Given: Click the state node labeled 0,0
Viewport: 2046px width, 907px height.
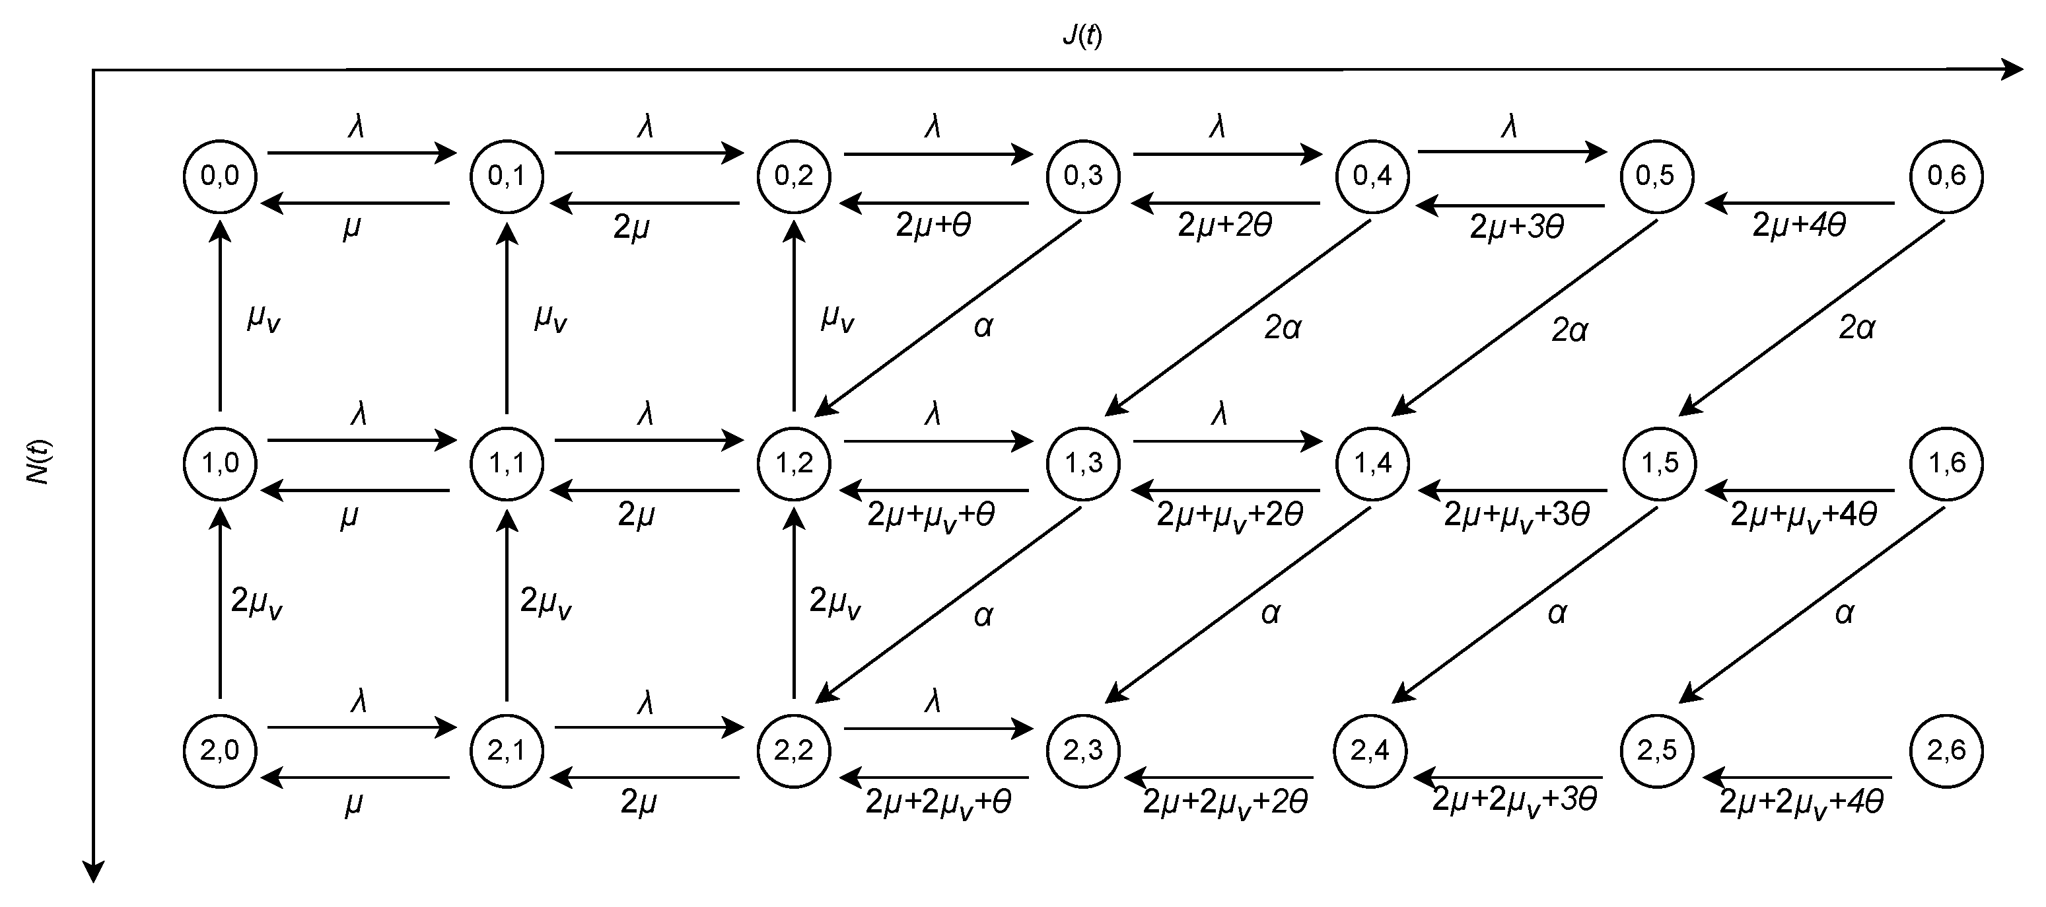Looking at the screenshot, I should tap(220, 176).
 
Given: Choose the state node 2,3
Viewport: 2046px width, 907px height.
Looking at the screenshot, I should tap(1083, 750).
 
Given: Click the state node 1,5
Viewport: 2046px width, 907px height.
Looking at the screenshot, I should tap(1659, 463).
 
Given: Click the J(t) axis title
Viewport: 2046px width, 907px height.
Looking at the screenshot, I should tap(1082, 36).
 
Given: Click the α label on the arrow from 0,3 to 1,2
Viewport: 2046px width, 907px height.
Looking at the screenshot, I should tap(983, 326).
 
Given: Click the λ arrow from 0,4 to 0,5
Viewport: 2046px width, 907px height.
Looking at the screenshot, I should tap(1512, 152).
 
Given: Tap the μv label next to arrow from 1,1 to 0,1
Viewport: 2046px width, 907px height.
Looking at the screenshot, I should tap(550, 318).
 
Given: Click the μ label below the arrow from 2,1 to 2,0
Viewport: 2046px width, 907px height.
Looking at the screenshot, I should tap(353, 805).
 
